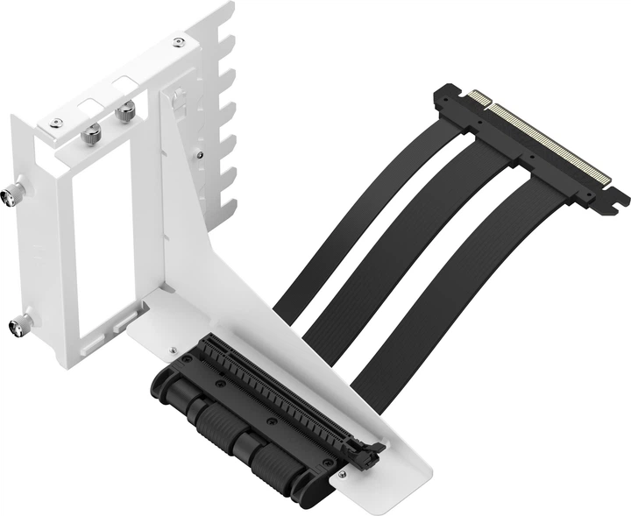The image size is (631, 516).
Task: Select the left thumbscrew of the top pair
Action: [x=91, y=133]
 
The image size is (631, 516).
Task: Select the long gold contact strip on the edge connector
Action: [x=552, y=145]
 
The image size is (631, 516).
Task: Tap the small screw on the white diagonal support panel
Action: [x=201, y=156]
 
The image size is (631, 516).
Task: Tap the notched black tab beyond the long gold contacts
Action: [x=613, y=198]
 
